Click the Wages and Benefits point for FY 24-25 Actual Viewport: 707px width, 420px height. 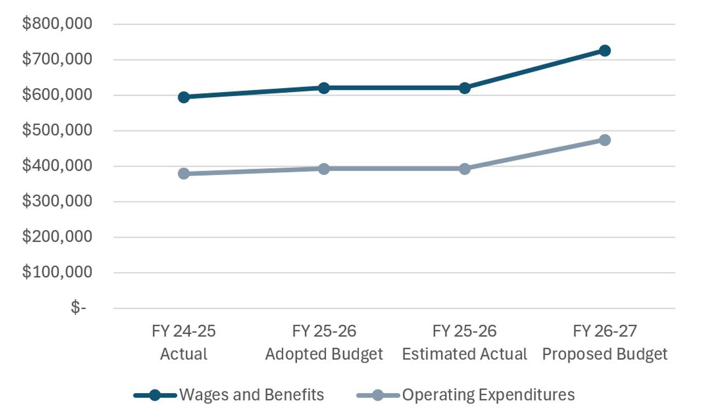coord(184,97)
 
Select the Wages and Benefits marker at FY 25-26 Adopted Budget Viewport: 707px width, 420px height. coord(324,88)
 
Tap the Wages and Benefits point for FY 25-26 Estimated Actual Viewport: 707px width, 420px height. coord(465,88)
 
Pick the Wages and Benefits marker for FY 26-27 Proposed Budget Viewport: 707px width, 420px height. coord(605,50)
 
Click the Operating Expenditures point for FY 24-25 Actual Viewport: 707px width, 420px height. coord(184,174)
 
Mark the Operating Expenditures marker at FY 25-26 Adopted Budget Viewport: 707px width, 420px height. coord(324,169)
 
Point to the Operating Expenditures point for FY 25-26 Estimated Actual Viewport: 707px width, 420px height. coord(465,169)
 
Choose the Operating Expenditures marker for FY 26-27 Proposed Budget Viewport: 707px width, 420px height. coord(605,140)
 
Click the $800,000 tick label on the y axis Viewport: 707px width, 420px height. coord(57,24)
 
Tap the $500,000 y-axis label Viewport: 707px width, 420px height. coord(57,130)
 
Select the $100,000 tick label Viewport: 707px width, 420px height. coord(57,272)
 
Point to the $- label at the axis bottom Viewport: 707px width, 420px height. coord(78,307)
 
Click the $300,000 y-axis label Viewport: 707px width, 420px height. coord(57,201)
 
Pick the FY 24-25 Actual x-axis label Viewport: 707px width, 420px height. coord(184,342)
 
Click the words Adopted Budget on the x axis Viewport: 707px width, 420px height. coord(324,354)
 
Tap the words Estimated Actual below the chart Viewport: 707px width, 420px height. coord(465,354)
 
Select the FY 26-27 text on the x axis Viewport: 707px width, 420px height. coord(605,331)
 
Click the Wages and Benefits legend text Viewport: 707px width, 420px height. coord(252,395)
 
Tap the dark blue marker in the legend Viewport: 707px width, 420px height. coord(155,395)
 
